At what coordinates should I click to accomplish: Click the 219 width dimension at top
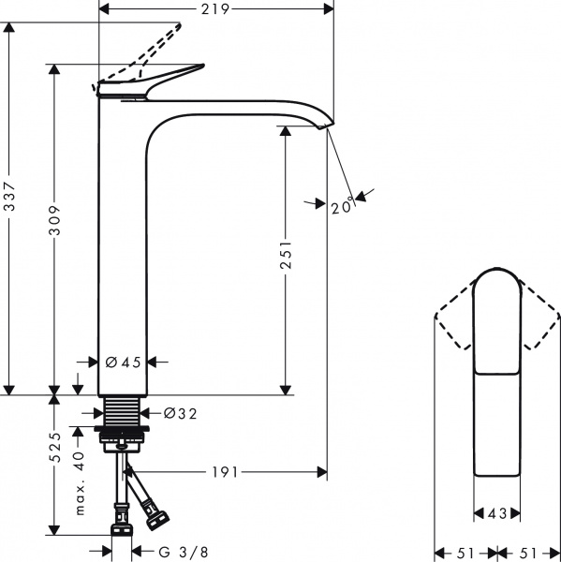click(216, 8)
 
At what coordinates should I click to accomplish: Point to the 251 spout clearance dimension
click(286, 257)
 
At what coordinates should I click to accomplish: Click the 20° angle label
click(343, 206)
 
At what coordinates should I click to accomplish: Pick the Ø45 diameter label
click(123, 362)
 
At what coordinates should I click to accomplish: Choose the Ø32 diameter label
click(179, 411)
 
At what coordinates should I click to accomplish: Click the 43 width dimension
click(496, 513)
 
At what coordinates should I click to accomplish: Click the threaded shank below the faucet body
click(122, 411)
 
